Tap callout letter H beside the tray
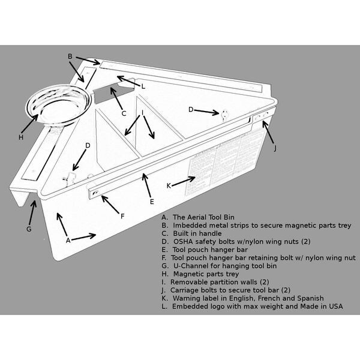20,137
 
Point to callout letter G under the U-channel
29,229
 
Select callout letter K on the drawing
169,185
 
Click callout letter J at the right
275,148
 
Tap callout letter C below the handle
123,113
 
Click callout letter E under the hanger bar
152,202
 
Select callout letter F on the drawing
122,215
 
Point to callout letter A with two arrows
68,240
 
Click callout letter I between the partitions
142,112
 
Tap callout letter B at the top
70,56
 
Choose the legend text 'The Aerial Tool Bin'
206,217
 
